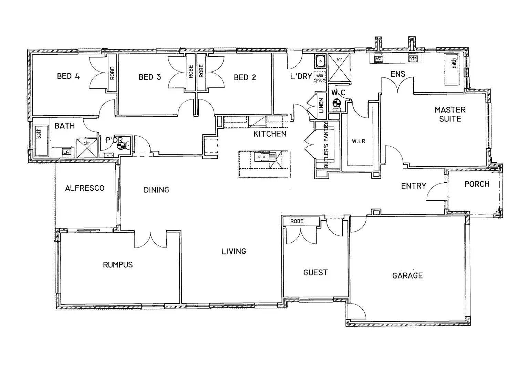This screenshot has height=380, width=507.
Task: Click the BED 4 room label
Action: [x=68, y=76]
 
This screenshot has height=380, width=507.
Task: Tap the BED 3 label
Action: [x=149, y=77]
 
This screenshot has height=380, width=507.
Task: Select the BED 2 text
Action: [x=245, y=77]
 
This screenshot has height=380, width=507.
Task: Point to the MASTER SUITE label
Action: [x=450, y=114]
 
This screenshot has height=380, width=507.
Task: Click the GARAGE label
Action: [x=407, y=275]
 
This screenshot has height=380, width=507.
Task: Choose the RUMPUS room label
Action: [x=118, y=265]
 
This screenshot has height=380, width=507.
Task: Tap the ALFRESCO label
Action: [x=85, y=188]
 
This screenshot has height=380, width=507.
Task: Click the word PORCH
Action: [x=477, y=184]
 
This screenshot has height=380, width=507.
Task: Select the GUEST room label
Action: [x=315, y=273]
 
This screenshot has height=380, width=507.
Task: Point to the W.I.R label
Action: [x=359, y=141]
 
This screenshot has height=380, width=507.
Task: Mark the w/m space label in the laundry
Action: [x=320, y=78]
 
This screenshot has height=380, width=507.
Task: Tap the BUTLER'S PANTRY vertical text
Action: [x=326, y=145]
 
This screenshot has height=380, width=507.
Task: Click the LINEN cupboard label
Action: [x=321, y=105]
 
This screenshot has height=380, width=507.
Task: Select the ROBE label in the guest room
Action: [x=297, y=221]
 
